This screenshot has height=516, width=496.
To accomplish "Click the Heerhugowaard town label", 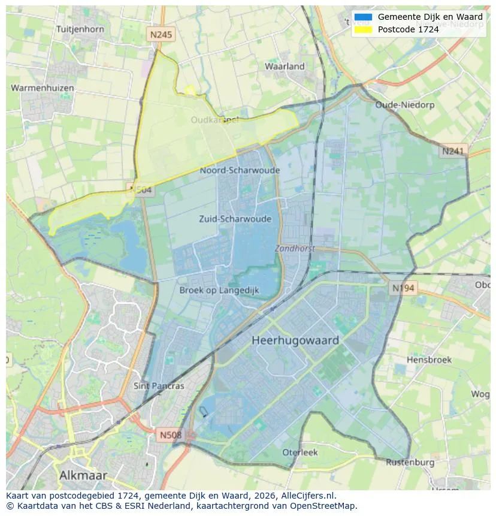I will pos(295,340).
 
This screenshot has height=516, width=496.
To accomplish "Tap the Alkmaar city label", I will pos(83,475).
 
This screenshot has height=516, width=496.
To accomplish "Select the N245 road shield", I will pos(161,35).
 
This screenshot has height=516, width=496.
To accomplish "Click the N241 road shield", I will pos(453,152).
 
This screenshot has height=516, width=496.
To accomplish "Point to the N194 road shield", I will pos(403,288).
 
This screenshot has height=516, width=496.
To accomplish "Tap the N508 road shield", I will pos(171,434).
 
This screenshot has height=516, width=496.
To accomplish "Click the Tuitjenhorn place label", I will pos(80,29).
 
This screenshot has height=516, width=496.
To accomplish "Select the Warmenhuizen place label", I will pos(43,88).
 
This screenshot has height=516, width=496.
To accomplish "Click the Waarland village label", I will pos(285,67).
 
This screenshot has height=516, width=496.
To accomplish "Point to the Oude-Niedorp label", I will pos(404,105).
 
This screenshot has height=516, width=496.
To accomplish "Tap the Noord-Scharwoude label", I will pos(240,171).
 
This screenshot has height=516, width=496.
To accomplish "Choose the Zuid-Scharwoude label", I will pos(235,219).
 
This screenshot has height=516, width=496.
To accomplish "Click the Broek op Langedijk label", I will pos(219,290).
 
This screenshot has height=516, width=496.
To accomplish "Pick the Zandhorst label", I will pos(295,248).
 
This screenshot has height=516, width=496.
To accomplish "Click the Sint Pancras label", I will pos(159,386).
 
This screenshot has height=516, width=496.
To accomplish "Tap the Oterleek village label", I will pos(300,452).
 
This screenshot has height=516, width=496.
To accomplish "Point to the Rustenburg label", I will pos(410,462).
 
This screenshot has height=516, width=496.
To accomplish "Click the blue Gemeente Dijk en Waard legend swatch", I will pos(363,17).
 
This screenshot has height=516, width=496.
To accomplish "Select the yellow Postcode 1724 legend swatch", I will pos(363,29).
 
